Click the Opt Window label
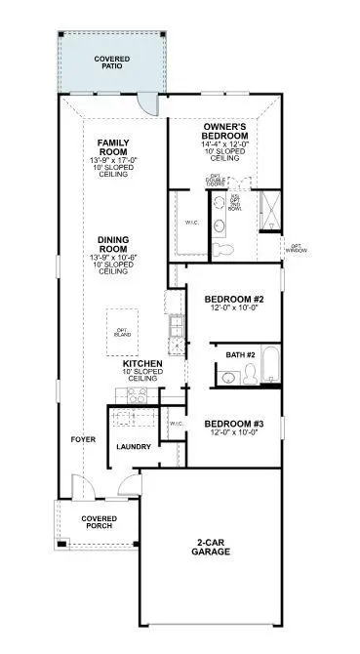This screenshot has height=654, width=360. coord(298,248)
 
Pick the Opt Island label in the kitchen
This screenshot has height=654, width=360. coord(122,332)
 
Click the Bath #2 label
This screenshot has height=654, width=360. coord(240,355)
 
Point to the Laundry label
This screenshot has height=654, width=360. coord(133,447)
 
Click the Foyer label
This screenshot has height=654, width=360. coord(83,439)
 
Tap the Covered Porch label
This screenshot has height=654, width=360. coord(99,521)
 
